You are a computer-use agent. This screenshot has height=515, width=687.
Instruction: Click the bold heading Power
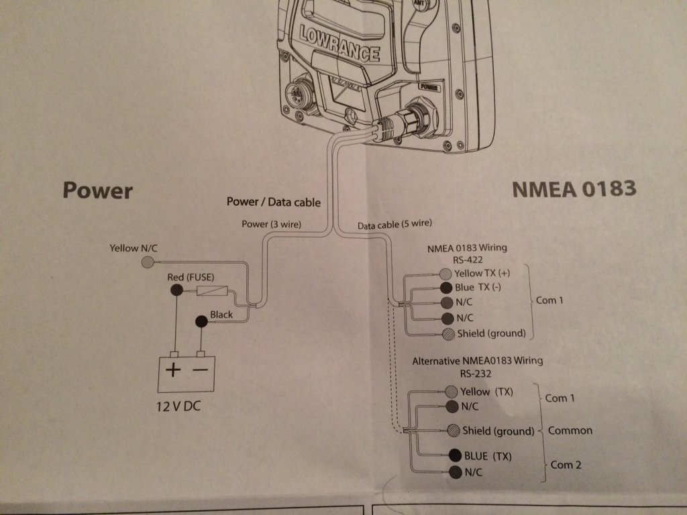pyautogui.click(x=97, y=190)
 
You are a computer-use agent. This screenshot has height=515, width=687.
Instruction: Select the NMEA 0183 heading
pyautogui.click(x=574, y=190)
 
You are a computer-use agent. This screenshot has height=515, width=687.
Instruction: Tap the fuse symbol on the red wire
pyautogui.click(x=213, y=291)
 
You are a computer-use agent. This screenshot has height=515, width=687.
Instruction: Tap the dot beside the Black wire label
pyautogui.click(x=201, y=322)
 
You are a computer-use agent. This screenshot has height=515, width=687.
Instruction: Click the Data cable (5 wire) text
pyautogui.click(x=394, y=225)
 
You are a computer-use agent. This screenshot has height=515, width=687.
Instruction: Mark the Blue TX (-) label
pyautogui.click(x=482, y=287)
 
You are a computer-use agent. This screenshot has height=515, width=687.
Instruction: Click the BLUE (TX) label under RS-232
pyautogui.click(x=488, y=457)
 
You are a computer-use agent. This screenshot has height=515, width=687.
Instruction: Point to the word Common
pyautogui.click(x=570, y=430)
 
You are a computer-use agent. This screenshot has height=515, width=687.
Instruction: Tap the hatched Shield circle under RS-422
pyautogui.click(x=447, y=334)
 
